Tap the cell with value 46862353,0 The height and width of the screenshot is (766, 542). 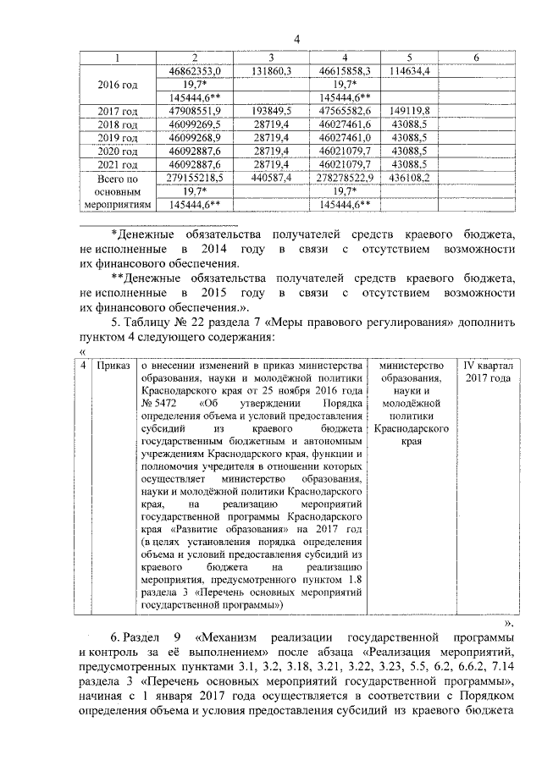tap(195, 71)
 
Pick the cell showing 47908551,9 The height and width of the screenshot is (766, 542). tap(195, 111)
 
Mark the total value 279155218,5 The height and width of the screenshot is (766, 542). tap(195, 178)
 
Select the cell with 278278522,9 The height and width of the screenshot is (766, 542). tap(342, 178)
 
